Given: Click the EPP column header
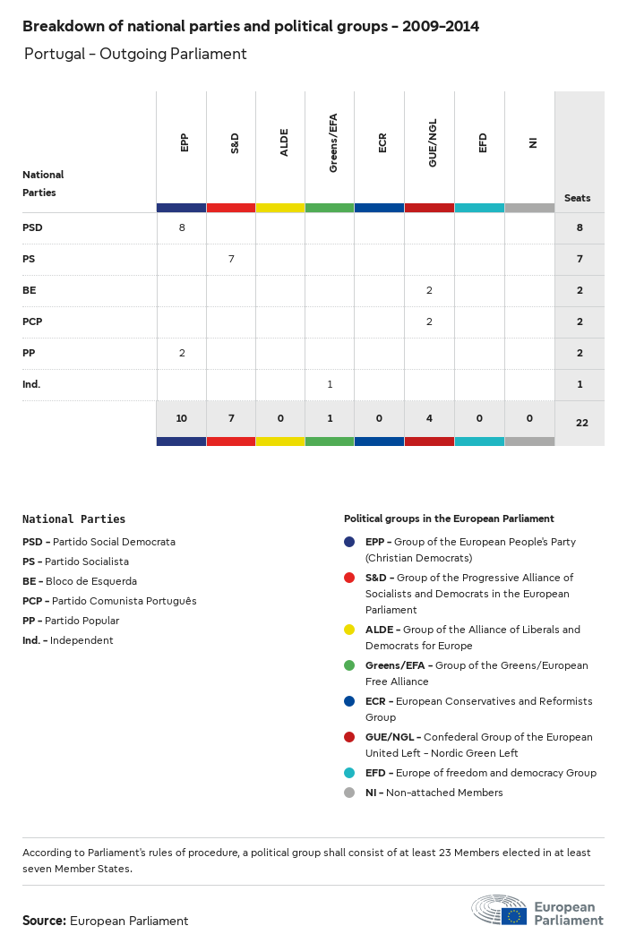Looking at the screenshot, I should point(185,142).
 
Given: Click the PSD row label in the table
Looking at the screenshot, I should point(32,227).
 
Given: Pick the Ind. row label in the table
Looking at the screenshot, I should point(31,384).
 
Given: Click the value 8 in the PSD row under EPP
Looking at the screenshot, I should point(182,227).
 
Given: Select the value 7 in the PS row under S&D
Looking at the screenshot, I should point(231,259).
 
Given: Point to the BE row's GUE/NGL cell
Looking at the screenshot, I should point(429,290).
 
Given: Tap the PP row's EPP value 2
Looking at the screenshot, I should point(182,353).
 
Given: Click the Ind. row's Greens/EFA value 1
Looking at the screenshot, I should point(330,384).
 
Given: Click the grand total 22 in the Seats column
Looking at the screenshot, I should point(581,423).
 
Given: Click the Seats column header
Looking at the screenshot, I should point(577,198).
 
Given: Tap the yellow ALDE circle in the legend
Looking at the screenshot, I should point(348,630).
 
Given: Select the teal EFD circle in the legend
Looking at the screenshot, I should point(348,773).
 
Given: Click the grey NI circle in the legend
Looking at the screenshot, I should point(348,793).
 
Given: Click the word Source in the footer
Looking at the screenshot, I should point(44,921).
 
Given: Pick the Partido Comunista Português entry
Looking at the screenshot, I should point(109,601).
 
